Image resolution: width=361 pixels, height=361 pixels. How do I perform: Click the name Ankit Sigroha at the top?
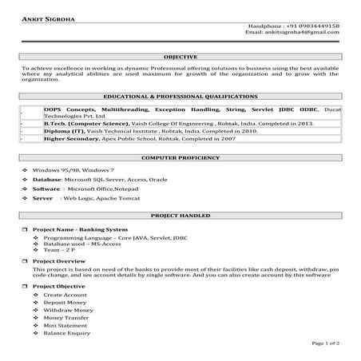(x=49, y=18)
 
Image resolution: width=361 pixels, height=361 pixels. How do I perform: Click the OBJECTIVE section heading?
(x=180, y=58)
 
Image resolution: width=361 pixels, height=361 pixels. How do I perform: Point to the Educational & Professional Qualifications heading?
(x=180, y=95)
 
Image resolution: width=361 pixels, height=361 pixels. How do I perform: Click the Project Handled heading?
(x=180, y=216)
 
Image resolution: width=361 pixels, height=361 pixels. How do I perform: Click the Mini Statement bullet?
(x=64, y=325)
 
